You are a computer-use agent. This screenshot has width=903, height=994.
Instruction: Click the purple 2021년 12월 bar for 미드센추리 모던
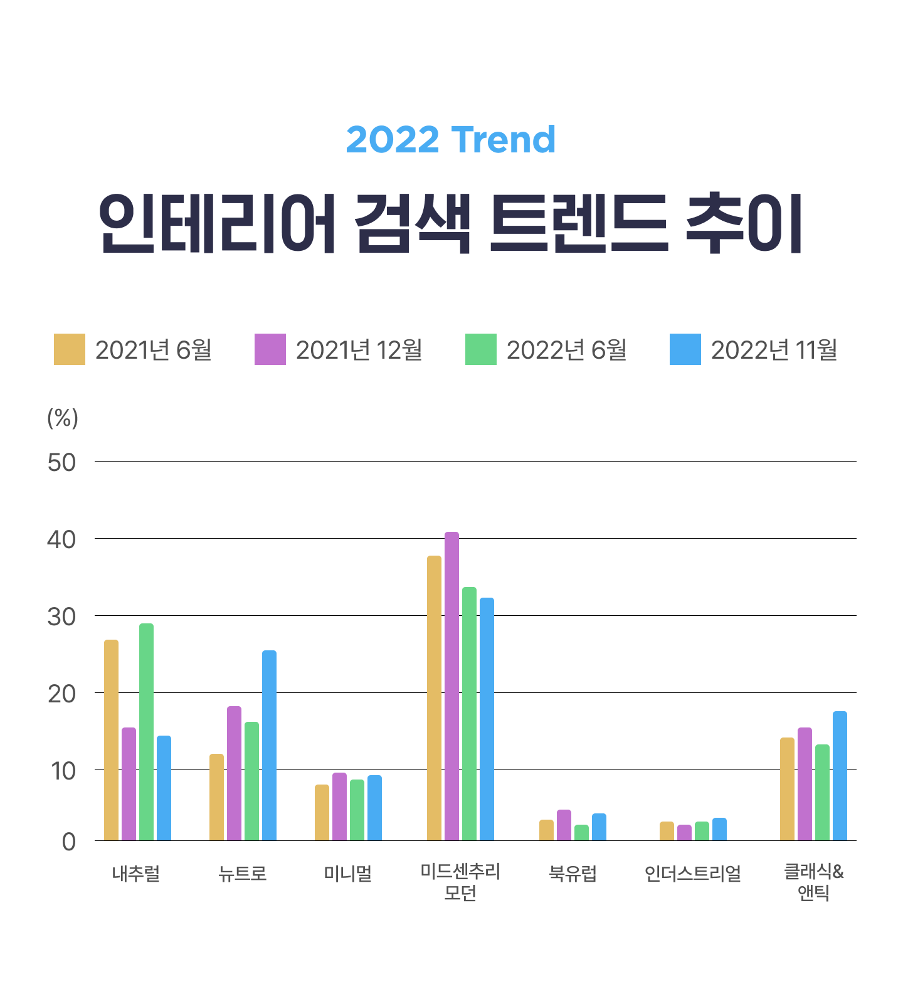pyautogui.click(x=451, y=686)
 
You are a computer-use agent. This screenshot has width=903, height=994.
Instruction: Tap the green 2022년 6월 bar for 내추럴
pyautogui.click(x=146, y=732)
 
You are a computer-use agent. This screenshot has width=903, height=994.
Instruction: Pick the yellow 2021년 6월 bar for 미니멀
pyautogui.click(x=322, y=812)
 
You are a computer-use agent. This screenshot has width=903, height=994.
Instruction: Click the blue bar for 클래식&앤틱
pyautogui.click(x=840, y=776)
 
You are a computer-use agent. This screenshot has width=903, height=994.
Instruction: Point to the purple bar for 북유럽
pyautogui.click(x=564, y=825)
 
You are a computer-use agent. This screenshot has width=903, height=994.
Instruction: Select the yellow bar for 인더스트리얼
pyautogui.click(x=667, y=831)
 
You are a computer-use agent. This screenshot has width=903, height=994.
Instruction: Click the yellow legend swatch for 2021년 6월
pyautogui.click(x=69, y=349)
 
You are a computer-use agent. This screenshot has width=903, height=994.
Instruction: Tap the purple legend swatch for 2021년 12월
pyautogui.click(x=270, y=349)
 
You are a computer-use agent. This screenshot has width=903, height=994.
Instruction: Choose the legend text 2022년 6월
pyautogui.click(x=566, y=350)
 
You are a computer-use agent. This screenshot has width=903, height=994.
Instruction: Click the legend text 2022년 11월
pyautogui.click(x=774, y=350)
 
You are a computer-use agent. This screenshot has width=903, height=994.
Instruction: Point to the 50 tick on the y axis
pyautogui.click(x=61, y=463)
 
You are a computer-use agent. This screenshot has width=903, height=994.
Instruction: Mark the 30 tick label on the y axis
pyautogui.click(x=61, y=617)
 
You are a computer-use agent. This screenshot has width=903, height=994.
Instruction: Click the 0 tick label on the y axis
pyautogui.click(x=68, y=842)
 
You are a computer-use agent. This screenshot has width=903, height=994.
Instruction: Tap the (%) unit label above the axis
pyautogui.click(x=63, y=418)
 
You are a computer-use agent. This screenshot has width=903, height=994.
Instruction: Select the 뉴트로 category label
pyautogui.click(x=243, y=873)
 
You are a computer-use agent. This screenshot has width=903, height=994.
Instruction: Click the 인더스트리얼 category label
pyautogui.click(x=693, y=873)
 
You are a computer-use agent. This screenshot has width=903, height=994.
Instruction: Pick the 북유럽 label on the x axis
pyautogui.click(x=573, y=873)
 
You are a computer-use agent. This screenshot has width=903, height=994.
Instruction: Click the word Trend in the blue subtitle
pyautogui.click(x=503, y=139)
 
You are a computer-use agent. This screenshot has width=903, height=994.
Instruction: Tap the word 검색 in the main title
pyautogui.click(x=412, y=224)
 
